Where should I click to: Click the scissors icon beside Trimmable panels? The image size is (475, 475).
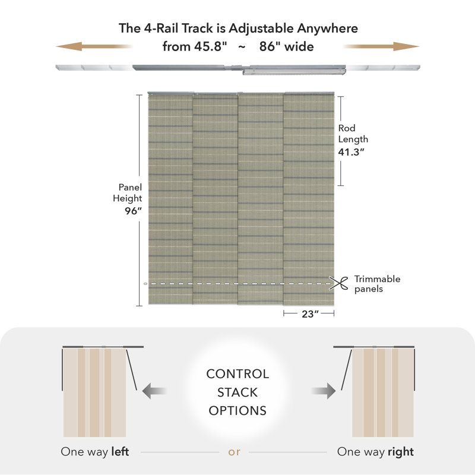338,283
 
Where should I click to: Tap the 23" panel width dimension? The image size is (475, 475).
310,314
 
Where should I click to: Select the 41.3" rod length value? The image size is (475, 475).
351,152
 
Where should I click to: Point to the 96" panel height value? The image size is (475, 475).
133,211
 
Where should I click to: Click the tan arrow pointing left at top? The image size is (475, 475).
94,46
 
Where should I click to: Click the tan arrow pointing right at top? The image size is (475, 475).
381,46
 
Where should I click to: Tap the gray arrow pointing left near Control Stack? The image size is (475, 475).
154,391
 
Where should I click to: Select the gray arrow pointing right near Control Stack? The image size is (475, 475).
324,391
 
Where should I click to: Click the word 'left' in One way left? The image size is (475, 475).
121,451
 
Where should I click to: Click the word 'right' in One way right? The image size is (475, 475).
401,452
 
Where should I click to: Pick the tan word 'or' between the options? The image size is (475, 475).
234,452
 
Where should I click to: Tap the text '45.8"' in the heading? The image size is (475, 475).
210,46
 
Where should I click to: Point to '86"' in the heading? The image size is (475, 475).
270,46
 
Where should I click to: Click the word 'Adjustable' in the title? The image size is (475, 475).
261,28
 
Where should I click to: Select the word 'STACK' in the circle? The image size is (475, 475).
237,392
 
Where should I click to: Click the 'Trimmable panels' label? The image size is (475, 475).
377,284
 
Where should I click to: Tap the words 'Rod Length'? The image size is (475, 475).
353,134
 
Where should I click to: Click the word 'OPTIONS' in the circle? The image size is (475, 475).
237,411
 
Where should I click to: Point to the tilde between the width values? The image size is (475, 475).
242,47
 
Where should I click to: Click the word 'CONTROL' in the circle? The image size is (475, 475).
237,374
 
